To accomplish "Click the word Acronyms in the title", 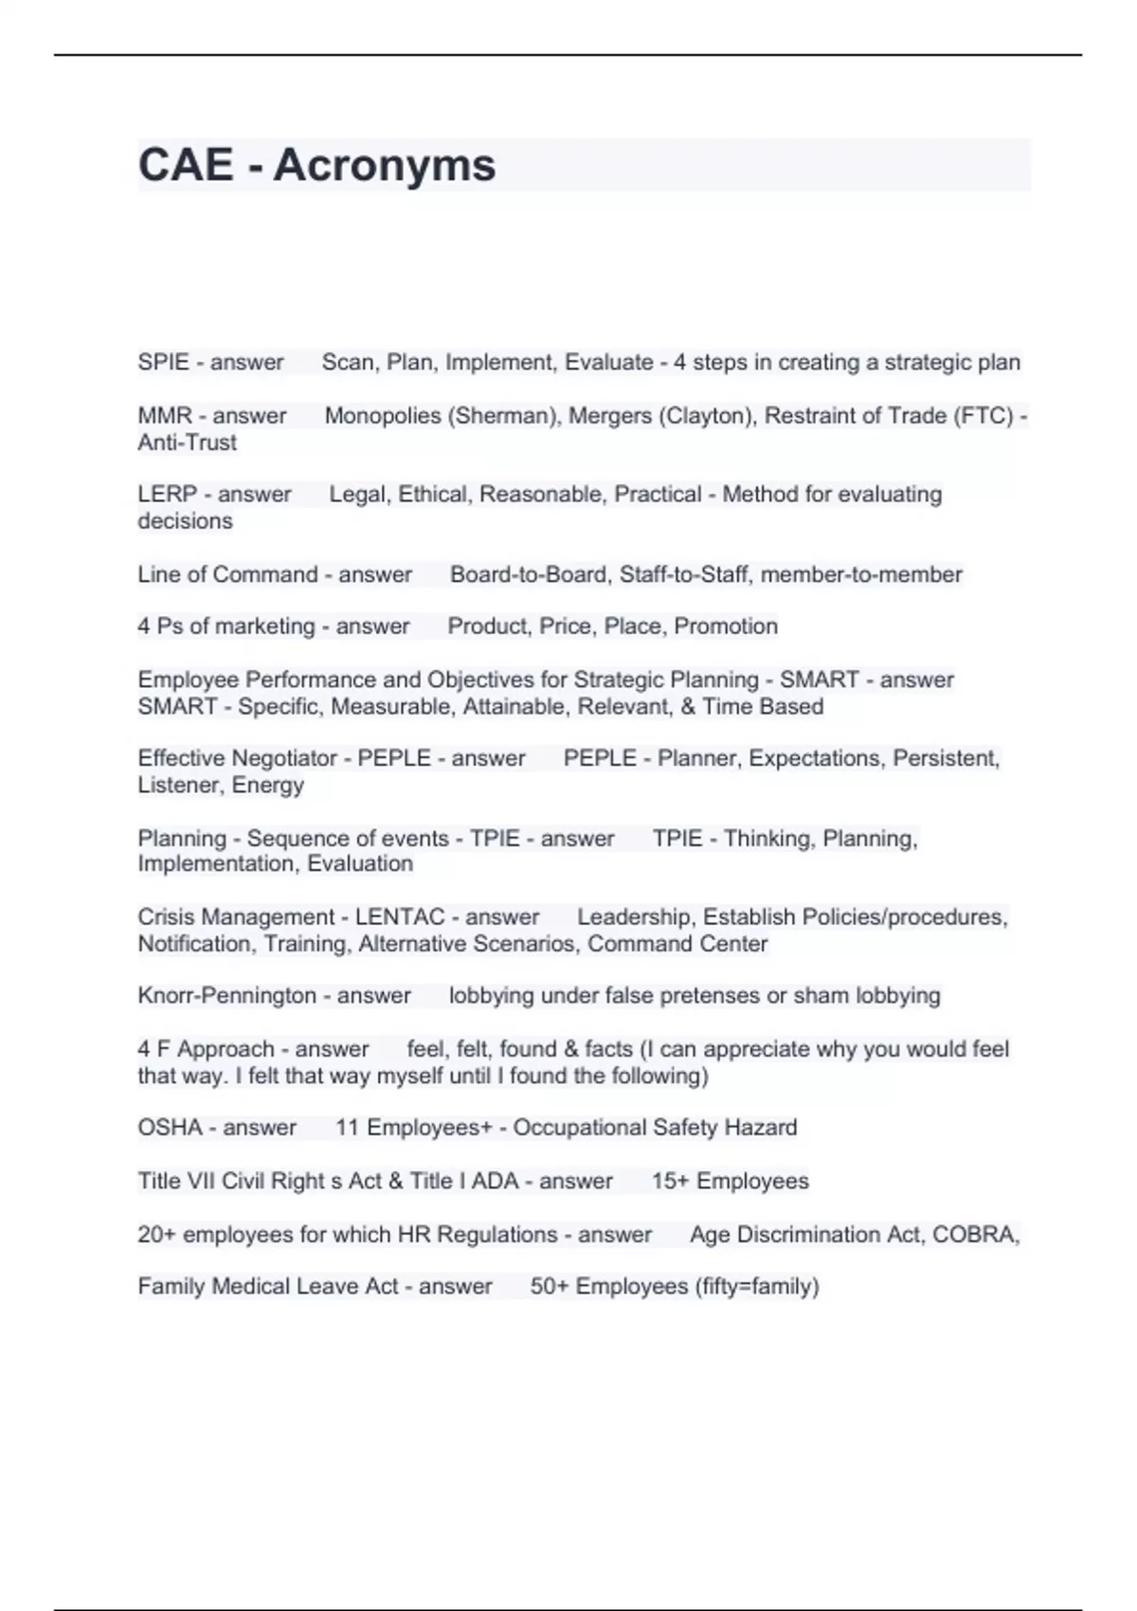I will click(x=384, y=165).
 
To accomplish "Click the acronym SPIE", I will click(x=162, y=362).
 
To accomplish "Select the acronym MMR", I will click(x=165, y=415).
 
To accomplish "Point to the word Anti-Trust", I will click(x=187, y=442).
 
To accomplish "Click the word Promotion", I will click(x=726, y=626).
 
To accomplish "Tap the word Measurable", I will click(x=392, y=706).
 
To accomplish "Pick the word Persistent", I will click(x=946, y=758).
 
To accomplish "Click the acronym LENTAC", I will click(x=400, y=917).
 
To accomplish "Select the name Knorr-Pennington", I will click(x=226, y=996).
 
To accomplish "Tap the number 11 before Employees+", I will click(x=347, y=1128).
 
